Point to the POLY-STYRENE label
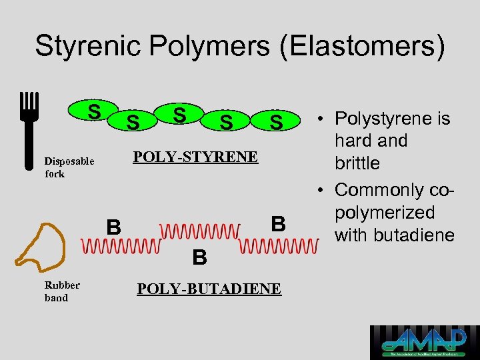tap(195, 157)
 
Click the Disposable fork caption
tap(69, 167)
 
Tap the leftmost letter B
tap(114, 228)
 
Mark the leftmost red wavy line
tap(120, 246)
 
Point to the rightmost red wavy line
tap(276, 246)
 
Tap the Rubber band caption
tap(62, 291)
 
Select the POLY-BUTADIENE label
tap(209, 289)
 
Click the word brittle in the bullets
tap(358, 163)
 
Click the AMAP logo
tap(424, 342)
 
